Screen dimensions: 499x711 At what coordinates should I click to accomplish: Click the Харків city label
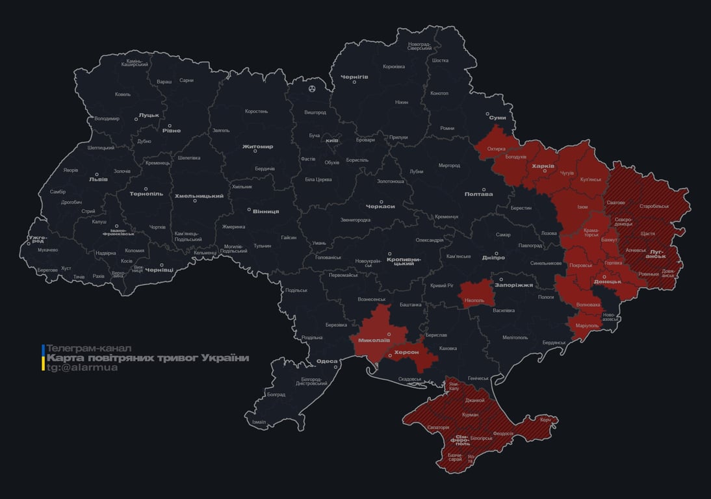pos(543,166)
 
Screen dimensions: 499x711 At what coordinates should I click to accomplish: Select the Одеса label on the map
pos(327,362)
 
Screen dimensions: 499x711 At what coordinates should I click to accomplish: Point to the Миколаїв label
pos(374,340)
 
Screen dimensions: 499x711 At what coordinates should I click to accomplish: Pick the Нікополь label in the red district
pos(475,301)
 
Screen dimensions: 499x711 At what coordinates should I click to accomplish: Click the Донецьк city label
pos(608,282)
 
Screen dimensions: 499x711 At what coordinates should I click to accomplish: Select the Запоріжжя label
pos(513,285)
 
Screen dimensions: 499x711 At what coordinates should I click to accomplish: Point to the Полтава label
pos(478,194)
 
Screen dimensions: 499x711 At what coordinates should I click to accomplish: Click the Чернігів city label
pos(354,77)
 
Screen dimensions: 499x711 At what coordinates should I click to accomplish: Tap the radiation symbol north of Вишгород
pos(312,88)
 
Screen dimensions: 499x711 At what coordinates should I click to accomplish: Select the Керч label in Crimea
pos(545,420)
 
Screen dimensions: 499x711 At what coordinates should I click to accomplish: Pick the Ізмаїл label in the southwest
pos(259,422)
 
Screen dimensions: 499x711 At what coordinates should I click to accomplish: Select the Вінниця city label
pos(265,212)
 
